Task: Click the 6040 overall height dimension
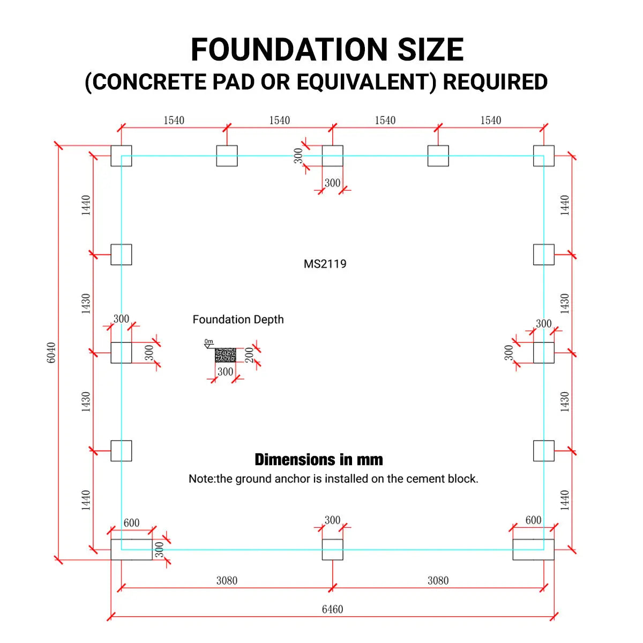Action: click(x=51, y=353)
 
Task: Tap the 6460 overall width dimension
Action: click(x=332, y=609)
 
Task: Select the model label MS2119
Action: click(x=325, y=264)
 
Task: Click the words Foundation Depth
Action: click(x=238, y=319)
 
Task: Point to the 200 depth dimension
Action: click(x=249, y=355)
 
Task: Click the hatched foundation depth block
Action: click(x=225, y=355)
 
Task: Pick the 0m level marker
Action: click(x=208, y=341)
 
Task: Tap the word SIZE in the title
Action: click(x=430, y=49)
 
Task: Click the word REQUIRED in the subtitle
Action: click(x=495, y=82)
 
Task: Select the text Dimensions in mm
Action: click(x=319, y=459)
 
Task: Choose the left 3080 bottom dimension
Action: click(x=227, y=581)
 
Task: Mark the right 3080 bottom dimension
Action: click(x=438, y=581)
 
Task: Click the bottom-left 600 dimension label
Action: click(x=131, y=523)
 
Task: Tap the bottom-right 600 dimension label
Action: click(x=533, y=520)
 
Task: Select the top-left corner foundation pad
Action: click(x=121, y=156)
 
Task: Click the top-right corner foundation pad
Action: click(x=543, y=156)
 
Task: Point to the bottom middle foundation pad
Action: click(x=332, y=550)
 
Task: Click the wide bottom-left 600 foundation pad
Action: click(x=131, y=550)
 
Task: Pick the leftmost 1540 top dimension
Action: click(x=174, y=120)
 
